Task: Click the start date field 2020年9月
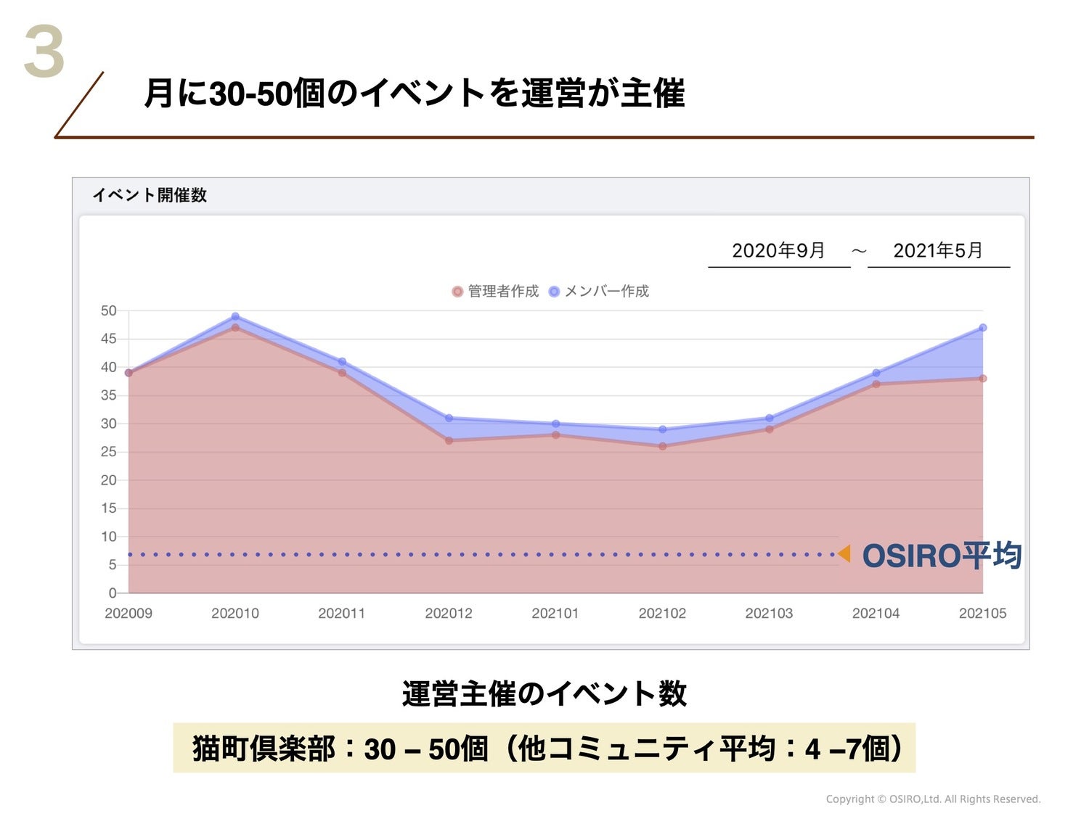point(778,250)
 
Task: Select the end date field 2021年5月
point(938,250)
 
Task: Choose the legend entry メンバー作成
point(599,292)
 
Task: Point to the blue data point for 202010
point(235,316)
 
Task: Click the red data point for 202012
point(449,440)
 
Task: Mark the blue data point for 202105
point(983,328)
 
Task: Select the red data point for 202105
point(983,379)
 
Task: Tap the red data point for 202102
point(662,446)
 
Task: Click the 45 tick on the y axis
point(109,339)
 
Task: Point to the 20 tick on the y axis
point(109,480)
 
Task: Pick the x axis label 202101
point(555,614)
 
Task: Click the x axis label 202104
point(876,614)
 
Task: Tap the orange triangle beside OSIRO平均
point(844,554)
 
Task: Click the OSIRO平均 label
point(942,556)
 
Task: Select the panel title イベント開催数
point(150,195)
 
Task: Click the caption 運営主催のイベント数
point(544,693)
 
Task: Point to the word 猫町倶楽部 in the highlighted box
point(264,749)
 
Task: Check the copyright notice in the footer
point(933,799)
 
